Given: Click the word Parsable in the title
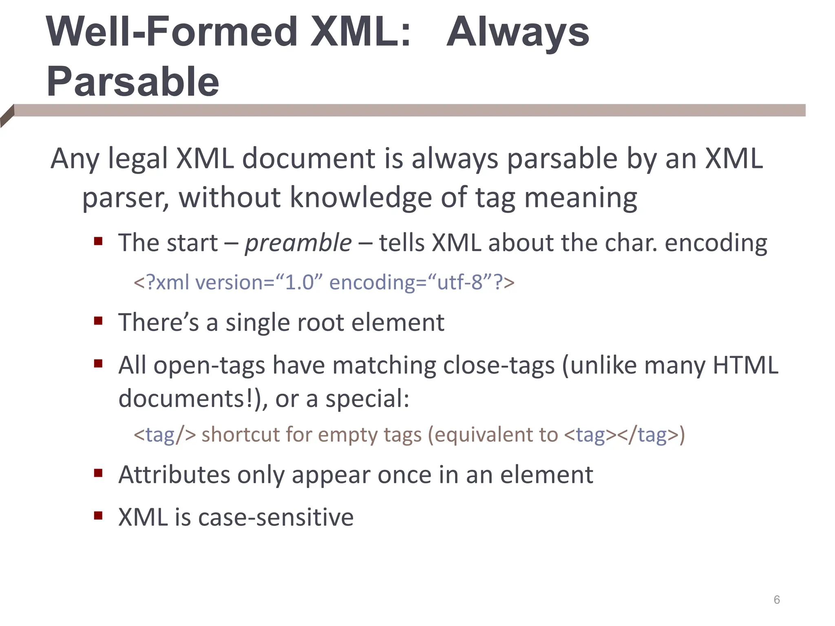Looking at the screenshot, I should point(133,82).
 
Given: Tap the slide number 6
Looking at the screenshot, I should point(777,600).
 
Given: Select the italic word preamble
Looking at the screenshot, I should point(298,243).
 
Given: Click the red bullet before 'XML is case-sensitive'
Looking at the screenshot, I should point(98,516).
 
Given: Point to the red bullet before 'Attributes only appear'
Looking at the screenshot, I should point(98,473).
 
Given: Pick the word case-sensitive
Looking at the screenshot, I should point(276,518).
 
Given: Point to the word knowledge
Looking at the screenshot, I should point(360,198).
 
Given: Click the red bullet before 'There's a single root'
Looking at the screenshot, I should point(98,321).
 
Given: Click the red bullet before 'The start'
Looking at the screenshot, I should point(98,241).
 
